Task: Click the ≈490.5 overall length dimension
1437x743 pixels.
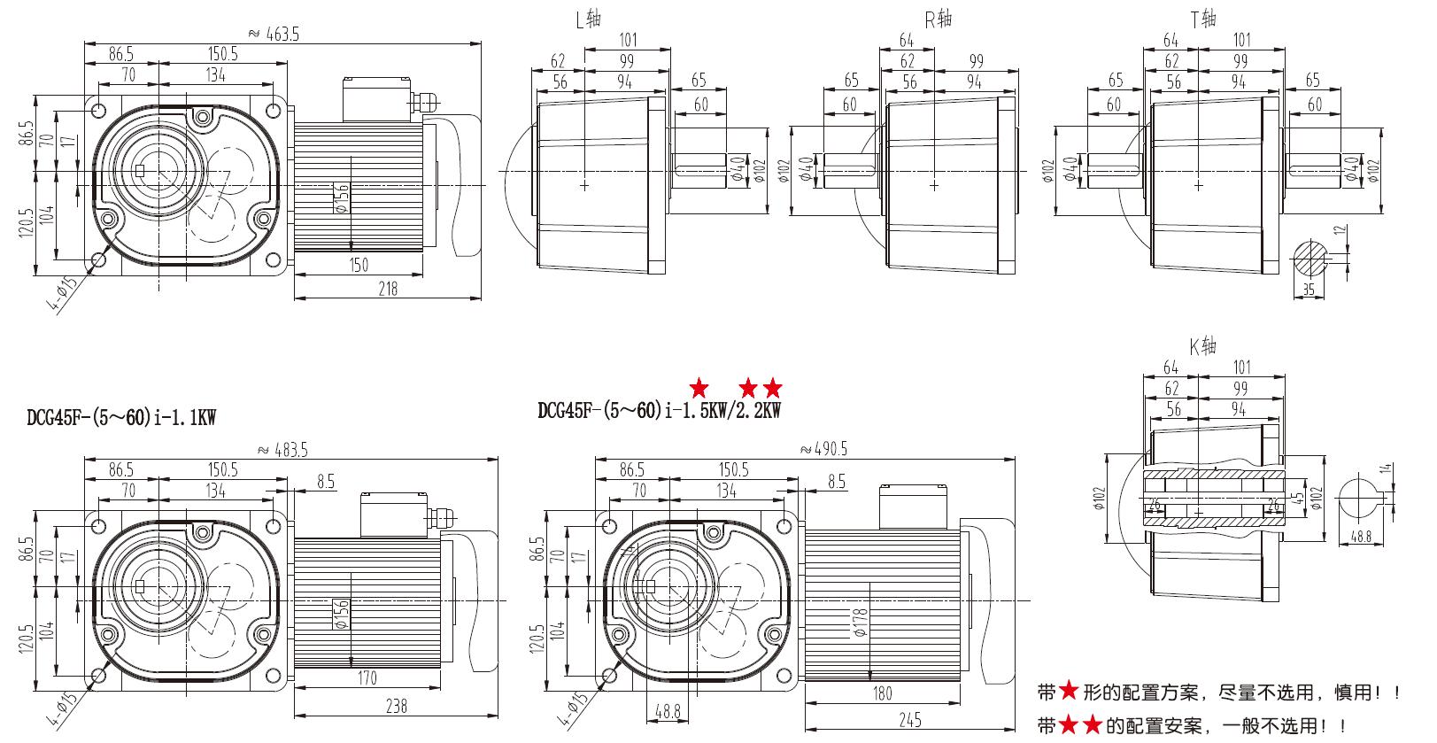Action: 823,450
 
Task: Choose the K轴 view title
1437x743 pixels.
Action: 1202,347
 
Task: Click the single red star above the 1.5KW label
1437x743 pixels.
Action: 699,388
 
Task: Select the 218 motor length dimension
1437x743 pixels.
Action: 388,288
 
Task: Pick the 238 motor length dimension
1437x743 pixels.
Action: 396,706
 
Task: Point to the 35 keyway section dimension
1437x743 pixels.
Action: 1310,289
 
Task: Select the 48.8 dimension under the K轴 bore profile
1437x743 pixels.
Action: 1362,537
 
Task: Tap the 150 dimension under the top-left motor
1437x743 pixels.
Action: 358,265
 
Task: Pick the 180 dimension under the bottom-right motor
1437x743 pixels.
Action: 882,693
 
